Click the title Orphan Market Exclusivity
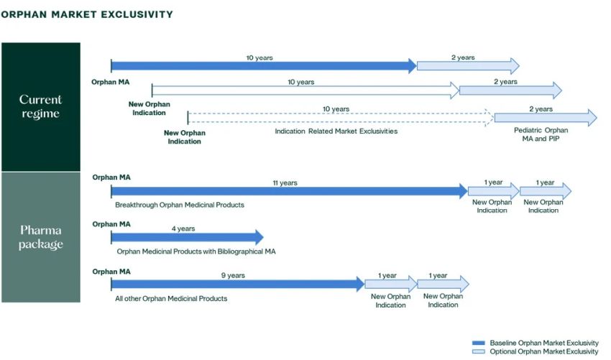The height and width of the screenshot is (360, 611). [87, 14]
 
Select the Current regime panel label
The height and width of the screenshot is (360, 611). [40, 106]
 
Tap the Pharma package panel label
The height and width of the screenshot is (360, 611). [40, 237]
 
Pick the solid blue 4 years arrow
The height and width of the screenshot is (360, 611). [187, 237]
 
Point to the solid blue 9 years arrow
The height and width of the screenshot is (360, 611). [237, 284]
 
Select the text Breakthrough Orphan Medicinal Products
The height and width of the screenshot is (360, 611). [180, 205]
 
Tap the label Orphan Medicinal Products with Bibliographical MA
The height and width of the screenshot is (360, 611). [196, 251]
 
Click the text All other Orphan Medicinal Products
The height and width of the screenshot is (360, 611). [172, 298]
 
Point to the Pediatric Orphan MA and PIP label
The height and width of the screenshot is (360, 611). [541, 134]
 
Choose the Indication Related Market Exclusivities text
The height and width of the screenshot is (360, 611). [336, 131]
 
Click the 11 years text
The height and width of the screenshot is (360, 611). [285, 183]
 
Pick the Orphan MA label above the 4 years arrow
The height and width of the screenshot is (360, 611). [111, 224]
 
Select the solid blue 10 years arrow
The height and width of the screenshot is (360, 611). [263, 66]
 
